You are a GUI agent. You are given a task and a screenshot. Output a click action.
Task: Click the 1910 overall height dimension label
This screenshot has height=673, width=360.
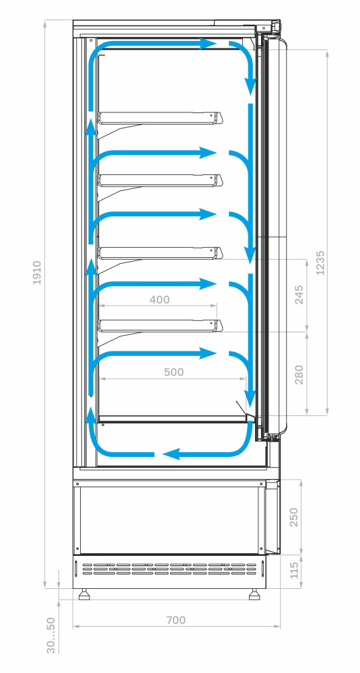(37, 273)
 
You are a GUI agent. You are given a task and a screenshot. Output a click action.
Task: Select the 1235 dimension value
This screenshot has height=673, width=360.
(320, 262)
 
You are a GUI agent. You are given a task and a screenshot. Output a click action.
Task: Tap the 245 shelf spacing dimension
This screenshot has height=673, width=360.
(299, 295)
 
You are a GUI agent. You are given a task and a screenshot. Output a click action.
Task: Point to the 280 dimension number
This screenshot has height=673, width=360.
(299, 374)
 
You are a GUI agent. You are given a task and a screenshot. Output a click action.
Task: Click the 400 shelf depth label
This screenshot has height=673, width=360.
(159, 299)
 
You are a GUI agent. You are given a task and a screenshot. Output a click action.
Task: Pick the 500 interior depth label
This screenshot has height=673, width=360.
(174, 372)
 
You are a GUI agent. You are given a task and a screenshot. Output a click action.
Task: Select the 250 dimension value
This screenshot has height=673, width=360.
(294, 518)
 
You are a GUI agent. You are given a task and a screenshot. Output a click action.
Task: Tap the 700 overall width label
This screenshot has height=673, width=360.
(176, 621)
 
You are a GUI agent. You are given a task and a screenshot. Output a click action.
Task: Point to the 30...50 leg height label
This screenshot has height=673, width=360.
(51, 635)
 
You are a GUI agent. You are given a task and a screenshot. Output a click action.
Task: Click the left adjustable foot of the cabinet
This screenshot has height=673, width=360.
(85, 594)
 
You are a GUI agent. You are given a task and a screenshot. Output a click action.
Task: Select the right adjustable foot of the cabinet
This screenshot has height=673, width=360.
(254, 594)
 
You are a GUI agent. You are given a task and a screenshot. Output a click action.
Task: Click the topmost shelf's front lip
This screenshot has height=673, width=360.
(219, 118)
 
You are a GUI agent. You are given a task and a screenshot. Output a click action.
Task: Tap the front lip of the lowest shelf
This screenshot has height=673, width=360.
(219, 326)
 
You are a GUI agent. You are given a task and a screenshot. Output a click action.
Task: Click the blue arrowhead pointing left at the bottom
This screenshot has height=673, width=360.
(171, 454)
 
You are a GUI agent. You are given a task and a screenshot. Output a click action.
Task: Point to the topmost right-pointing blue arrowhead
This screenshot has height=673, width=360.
(208, 43)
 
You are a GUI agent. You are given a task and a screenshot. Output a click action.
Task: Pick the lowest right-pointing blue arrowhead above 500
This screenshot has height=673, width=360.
(208, 354)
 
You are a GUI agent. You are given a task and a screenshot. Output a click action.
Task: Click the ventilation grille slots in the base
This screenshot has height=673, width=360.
(170, 569)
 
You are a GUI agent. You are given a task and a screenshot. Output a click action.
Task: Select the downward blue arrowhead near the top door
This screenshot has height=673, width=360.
(250, 87)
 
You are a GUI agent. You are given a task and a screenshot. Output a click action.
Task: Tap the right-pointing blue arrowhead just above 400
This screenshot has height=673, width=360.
(208, 284)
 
